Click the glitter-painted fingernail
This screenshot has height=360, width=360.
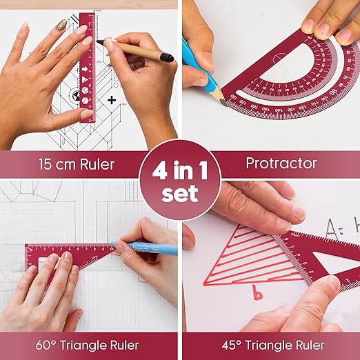tap(61, 25)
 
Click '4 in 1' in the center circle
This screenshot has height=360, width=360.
tap(179, 169)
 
